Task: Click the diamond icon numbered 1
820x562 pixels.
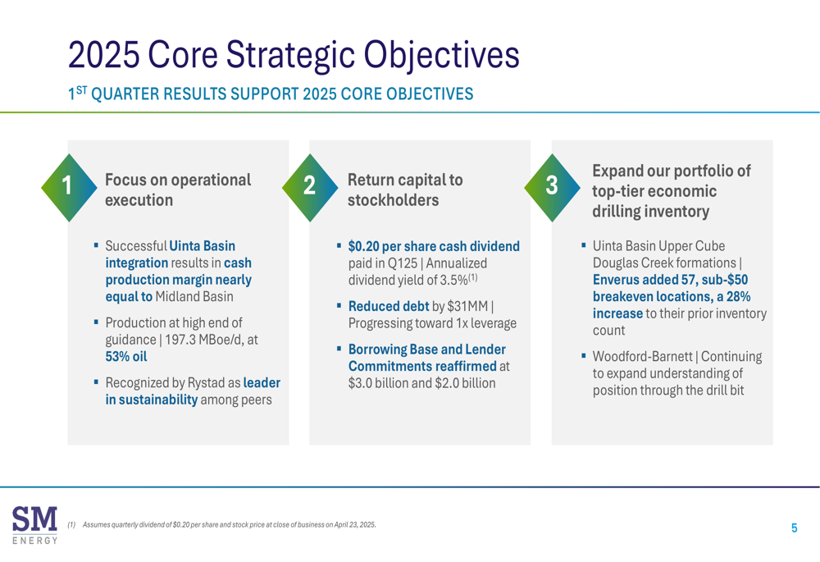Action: (x=69, y=187)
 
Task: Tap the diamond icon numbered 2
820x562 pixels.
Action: (x=310, y=187)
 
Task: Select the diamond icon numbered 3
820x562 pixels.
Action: (x=552, y=187)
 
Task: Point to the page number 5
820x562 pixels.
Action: (x=794, y=528)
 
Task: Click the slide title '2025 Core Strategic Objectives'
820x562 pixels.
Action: (x=294, y=55)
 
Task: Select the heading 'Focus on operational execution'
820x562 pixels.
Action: (x=178, y=190)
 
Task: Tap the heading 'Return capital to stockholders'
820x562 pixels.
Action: (x=405, y=190)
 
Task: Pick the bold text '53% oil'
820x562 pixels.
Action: (x=126, y=356)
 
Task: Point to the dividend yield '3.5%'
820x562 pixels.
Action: (x=454, y=281)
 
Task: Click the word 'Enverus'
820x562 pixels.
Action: (x=616, y=280)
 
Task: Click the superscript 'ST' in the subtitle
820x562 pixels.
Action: (x=81, y=90)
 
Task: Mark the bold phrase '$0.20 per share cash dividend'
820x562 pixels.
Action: (x=434, y=246)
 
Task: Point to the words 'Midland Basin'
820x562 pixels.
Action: (x=194, y=297)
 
